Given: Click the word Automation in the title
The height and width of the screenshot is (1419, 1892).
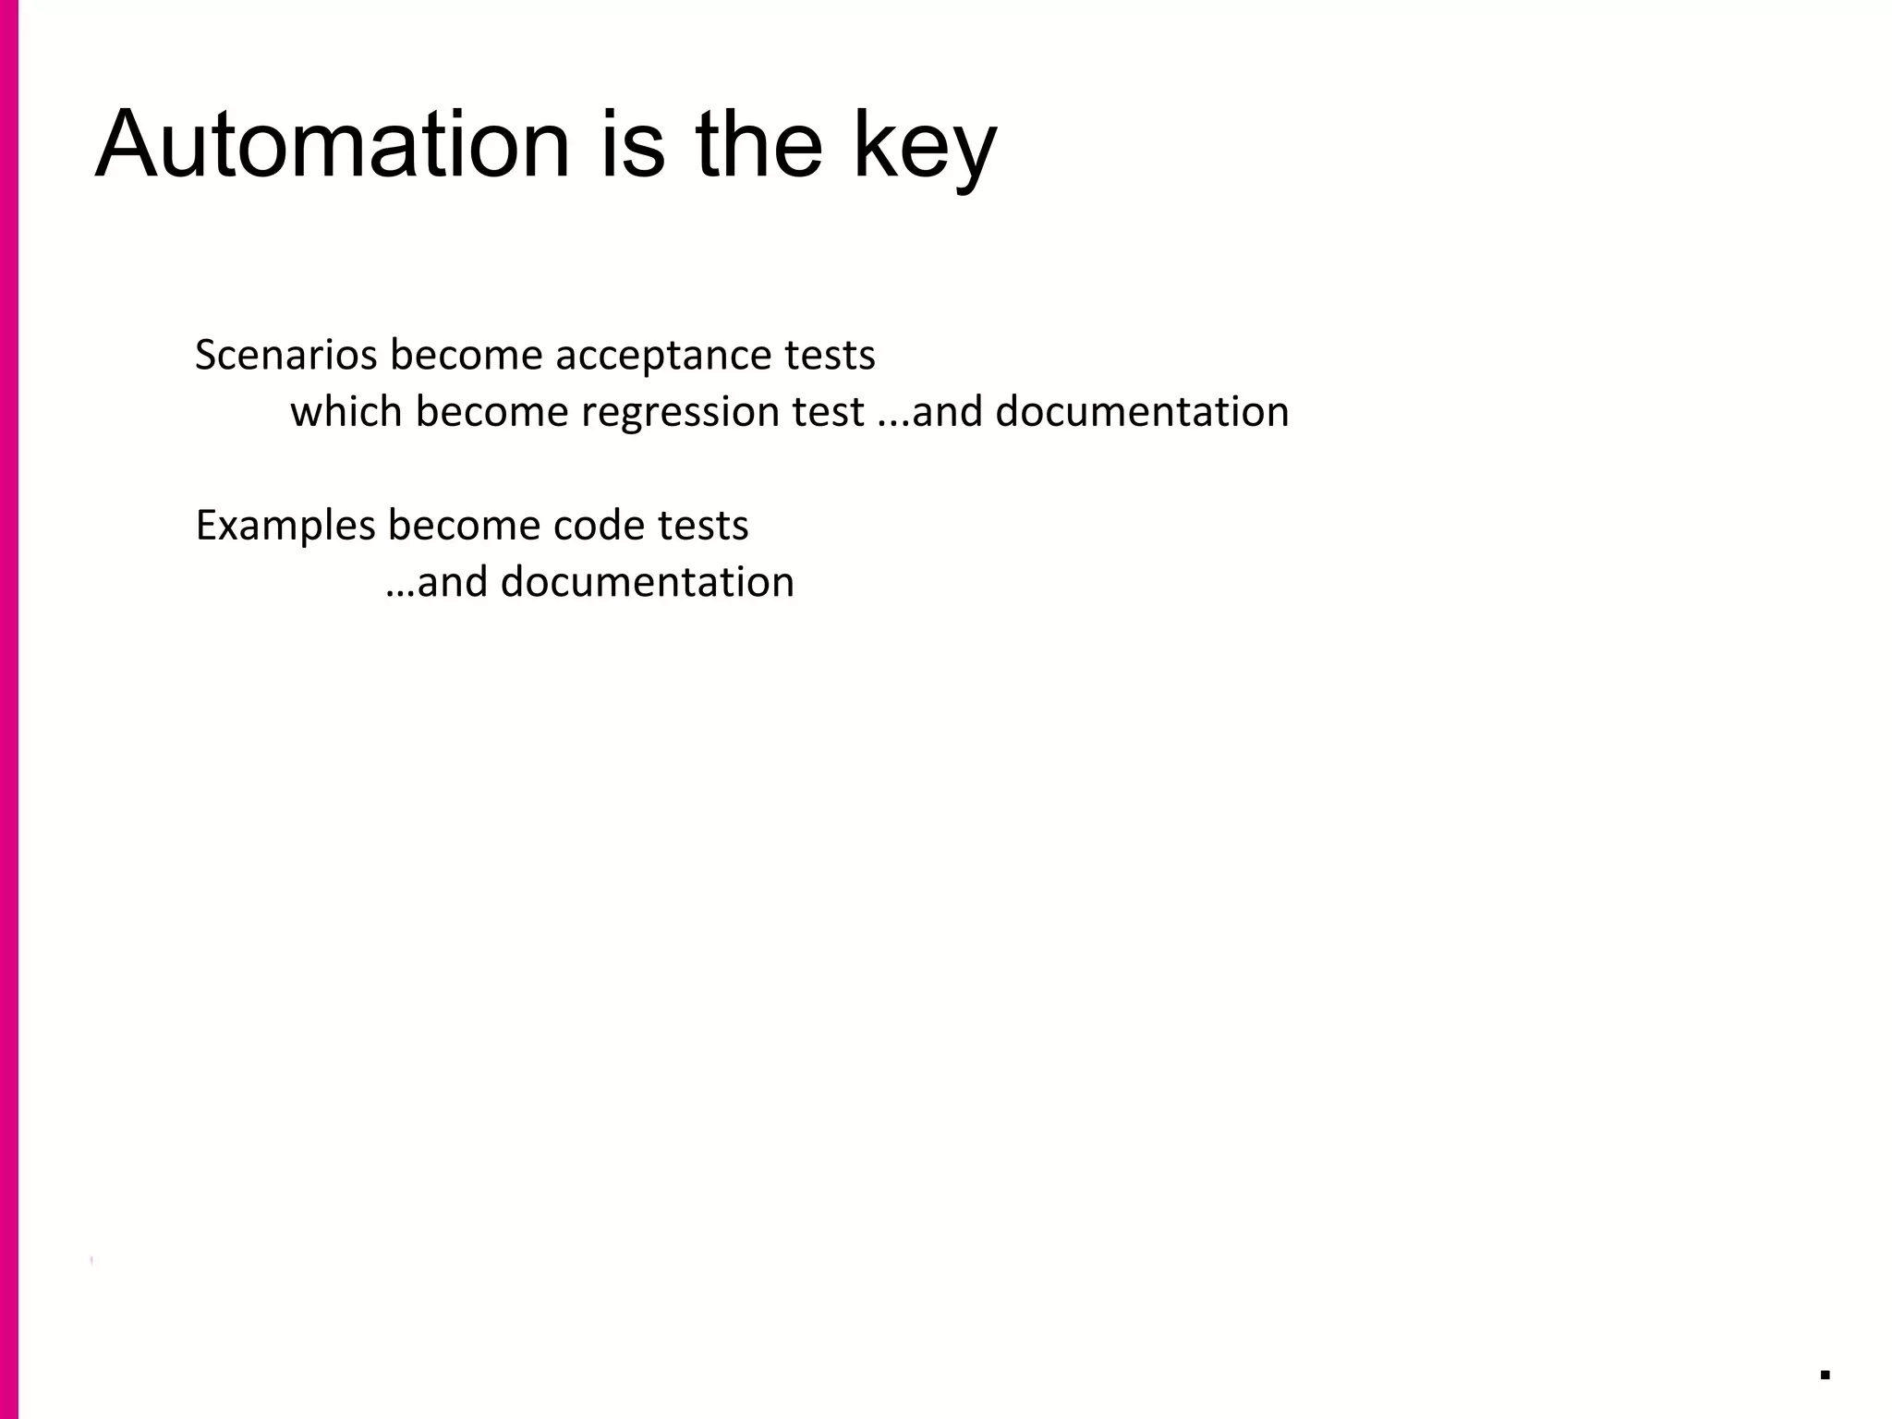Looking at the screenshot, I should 333,146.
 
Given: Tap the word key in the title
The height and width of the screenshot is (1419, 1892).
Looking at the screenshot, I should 924,148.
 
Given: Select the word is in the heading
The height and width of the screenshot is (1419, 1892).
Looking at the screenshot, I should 633,146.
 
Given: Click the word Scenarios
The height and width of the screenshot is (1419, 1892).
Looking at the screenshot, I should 285,356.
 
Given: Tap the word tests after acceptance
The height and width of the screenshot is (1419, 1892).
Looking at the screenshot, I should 830,356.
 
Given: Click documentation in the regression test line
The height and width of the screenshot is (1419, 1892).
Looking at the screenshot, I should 1142,412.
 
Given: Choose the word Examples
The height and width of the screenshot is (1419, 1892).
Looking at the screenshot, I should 285,527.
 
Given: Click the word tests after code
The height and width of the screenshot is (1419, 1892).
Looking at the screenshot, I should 702,527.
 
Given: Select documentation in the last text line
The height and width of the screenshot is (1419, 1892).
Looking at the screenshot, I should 647,583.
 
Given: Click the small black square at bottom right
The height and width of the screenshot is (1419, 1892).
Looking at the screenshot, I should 1825,1375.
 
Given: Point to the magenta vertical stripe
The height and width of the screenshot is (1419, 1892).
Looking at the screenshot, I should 8,709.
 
